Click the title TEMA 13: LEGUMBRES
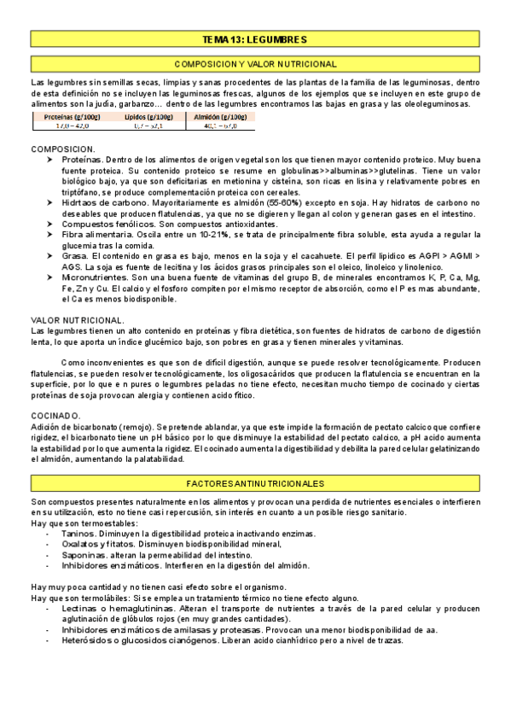tap(255, 39)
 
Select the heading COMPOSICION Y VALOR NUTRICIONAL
tap(255, 64)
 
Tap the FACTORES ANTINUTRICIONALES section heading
tap(255, 482)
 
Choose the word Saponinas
tap(84, 554)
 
